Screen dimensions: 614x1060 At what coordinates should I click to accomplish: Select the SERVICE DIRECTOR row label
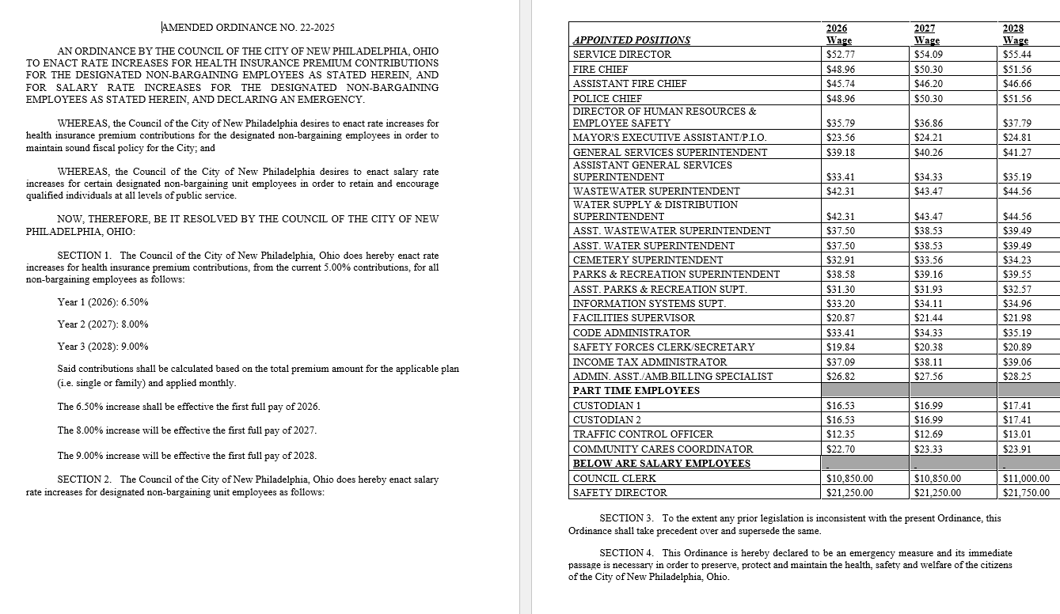[x=621, y=55]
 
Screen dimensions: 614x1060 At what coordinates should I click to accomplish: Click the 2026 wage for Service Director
[x=840, y=55]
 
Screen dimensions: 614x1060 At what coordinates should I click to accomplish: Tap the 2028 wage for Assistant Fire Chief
[x=1016, y=84]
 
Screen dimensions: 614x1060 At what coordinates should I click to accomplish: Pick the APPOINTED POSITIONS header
[x=631, y=40]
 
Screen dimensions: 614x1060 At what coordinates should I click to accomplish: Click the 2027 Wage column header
[x=926, y=34]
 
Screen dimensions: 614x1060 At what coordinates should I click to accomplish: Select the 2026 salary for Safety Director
[x=849, y=493]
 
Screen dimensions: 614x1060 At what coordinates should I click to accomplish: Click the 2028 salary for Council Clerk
[x=1025, y=479]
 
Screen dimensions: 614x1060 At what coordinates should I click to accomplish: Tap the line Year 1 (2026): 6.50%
[x=103, y=302]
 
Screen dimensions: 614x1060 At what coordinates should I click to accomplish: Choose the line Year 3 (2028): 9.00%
[x=103, y=347]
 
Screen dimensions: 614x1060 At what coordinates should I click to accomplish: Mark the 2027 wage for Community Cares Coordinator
[x=929, y=449]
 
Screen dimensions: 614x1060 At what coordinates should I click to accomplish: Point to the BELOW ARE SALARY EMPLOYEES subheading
[x=661, y=464]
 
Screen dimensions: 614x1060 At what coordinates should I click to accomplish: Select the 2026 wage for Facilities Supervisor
[x=840, y=317]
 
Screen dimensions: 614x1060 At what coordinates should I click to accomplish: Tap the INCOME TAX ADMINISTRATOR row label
[x=638, y=362]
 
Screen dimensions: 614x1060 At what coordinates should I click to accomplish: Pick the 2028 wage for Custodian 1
[x=1016, y=406]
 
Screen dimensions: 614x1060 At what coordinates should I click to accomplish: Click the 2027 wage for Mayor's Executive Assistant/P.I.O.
[x=929, y=138]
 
